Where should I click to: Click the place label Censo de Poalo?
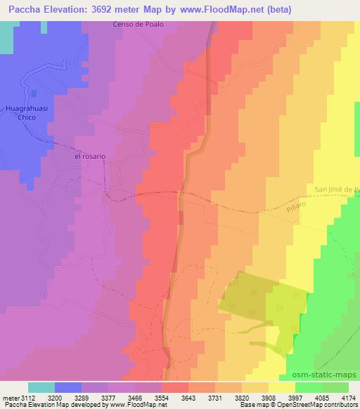(x=138, y=25)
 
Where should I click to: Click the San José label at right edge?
(x=336, y=189)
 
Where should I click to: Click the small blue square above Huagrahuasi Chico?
(x=33, y=93)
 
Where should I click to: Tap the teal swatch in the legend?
(x=41, y=387)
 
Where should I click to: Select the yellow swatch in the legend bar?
(x=282, y=387)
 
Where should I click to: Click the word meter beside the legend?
(x=11, y=397)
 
